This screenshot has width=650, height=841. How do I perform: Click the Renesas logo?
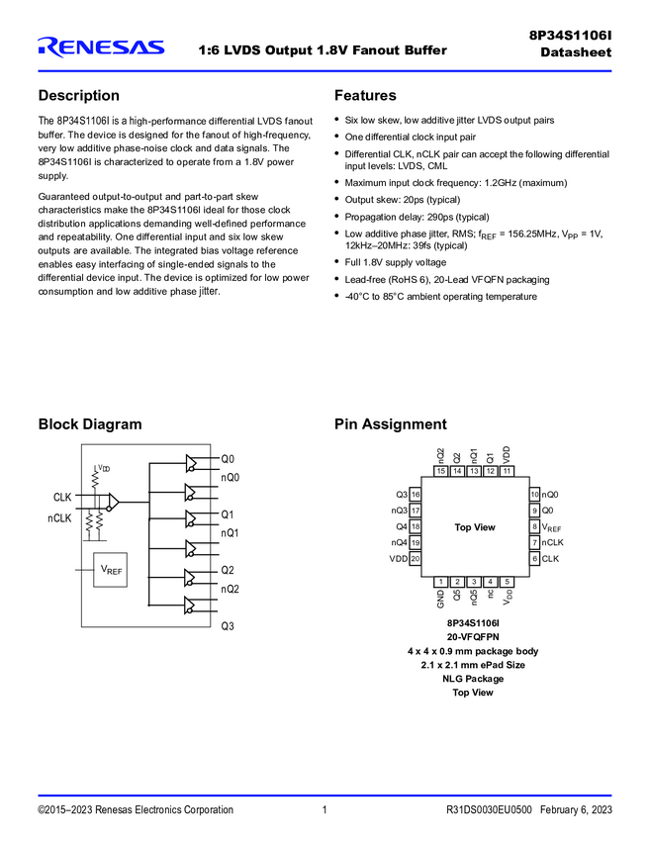click(101, 47)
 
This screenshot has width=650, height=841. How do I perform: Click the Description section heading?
click(78, 96)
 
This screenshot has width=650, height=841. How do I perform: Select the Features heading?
click(365, 96)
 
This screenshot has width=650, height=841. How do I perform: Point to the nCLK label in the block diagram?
click(60, 517)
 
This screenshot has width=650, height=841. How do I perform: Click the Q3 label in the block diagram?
click(227, 625)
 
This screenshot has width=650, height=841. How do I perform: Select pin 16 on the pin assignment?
click(416, 495)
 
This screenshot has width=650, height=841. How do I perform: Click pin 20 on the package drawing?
click(416, 559)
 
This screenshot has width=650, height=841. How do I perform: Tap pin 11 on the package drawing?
click(507, 471)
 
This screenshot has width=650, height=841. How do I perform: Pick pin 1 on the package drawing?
click(441, 582)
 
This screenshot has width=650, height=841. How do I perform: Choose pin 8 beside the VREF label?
click(534, 527)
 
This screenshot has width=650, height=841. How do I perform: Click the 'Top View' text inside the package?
click(475, 527)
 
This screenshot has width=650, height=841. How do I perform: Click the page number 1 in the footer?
click(325, 810)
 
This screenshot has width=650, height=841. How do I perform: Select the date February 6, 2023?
click(577, 810)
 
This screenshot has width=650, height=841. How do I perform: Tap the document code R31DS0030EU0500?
click(490, 810)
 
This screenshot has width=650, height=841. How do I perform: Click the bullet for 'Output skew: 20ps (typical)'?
click(338, 200)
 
